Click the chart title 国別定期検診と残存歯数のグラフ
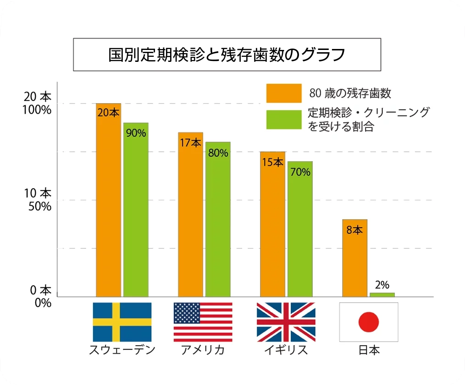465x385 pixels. point(227,55)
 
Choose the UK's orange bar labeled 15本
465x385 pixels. point(272,224)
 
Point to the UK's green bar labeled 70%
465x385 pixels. point(300,229)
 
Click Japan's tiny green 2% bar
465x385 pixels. point(382,295)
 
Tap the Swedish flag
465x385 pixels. point(122,322)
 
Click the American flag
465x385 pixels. point(203,322)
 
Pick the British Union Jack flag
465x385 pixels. point(286,322)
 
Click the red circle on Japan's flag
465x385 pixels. point(369,322)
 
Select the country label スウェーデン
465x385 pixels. point(122,350)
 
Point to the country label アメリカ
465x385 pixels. point(203,350)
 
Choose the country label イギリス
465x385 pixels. point(286,350)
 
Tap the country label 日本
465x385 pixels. point(369,350)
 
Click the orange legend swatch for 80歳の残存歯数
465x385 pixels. point(283,93)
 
